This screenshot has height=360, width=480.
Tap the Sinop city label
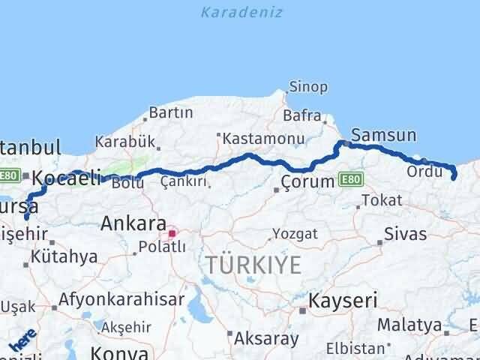(x=308, y=87)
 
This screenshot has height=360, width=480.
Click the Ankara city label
(x=133, y=223)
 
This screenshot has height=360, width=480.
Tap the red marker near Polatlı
(x=172, y=233)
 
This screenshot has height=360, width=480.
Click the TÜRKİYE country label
(x=254, y=265)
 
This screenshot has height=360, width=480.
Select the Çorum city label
(x=307, y=182)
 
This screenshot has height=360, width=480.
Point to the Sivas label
(x=405, y=234)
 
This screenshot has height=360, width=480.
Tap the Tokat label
(x=381, y=200)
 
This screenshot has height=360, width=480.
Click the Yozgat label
(x=295, y=234)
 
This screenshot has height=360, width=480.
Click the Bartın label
(x=171, y=113)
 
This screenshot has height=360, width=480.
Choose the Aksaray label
(x=266, y=338)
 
